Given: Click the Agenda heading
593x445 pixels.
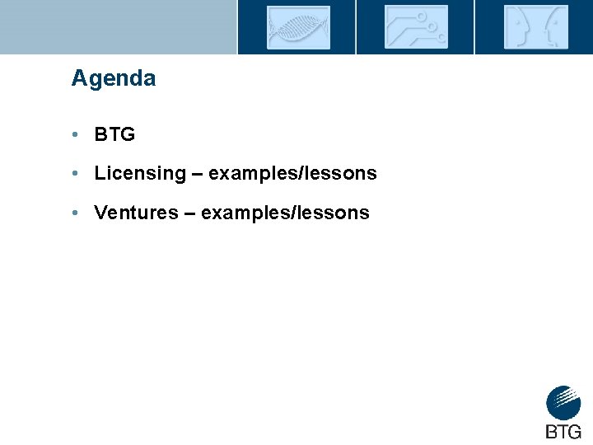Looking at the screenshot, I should [113, 79].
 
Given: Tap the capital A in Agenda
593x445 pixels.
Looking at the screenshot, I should [79, 79].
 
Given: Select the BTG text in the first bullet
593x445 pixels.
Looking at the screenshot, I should [114, 134].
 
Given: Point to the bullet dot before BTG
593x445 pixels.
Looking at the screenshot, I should [74, 134].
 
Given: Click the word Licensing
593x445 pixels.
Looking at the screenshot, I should [140, 174].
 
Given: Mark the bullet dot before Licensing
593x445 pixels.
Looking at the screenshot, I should [74, 174].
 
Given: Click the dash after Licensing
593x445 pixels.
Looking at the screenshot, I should [198, 174].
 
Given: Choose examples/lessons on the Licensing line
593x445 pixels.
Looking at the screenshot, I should [292, 174].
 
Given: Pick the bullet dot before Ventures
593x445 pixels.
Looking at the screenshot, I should [74, 213].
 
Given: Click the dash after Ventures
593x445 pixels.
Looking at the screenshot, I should [189, 213].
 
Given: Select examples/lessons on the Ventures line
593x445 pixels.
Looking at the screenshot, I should [285, 213].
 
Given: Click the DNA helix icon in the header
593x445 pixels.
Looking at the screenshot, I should [297, 27].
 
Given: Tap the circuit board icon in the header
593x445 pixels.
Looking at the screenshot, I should [416, 27].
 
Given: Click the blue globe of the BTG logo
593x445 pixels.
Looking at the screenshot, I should [563, 403].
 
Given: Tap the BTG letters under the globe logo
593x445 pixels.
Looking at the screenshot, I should [563, 431].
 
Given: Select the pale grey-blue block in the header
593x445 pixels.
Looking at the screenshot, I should [118, 26].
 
